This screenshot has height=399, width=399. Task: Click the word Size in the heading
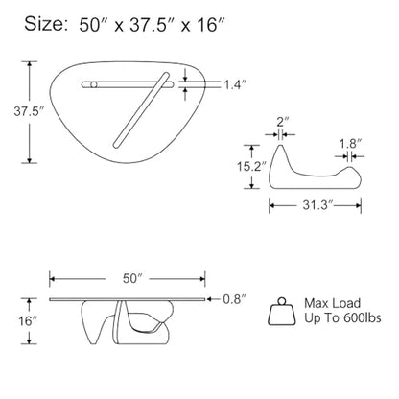click(x=45, y=24)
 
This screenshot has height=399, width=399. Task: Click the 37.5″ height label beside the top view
click(x=29, y=111)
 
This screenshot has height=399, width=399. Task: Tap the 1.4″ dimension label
click(x=235, y=84)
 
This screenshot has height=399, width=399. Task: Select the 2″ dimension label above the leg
click(x=283, y=122)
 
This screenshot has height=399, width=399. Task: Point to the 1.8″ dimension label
click(x=350, y=144)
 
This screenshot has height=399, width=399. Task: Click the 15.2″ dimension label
click(x=251, y=166)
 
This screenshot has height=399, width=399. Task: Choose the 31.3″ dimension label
click(x=318, y=205)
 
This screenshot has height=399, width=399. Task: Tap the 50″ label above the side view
click(x=132, y=278)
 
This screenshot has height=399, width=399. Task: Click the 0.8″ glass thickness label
click(x=234, y=299)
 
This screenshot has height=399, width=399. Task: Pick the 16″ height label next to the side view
click(x=28, y=321)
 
